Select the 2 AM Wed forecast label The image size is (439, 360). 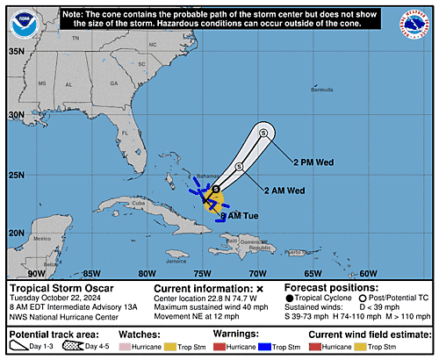click(x=284, y=191)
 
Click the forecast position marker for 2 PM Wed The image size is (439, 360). click(x=263, y=133)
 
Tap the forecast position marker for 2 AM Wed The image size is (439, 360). click(x=239, y=167)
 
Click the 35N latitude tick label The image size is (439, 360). click(x=16, y=51)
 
